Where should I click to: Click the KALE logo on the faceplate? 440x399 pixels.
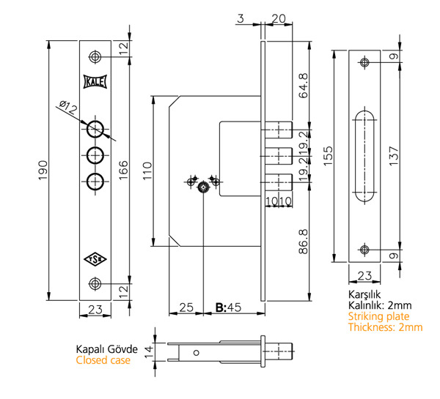95,82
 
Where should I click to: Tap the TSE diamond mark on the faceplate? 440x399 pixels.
95,258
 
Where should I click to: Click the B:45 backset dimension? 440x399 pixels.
228,307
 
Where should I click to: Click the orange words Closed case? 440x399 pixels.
103,360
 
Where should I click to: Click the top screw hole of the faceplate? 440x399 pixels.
95,57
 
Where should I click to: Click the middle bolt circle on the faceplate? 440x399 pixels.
95,156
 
